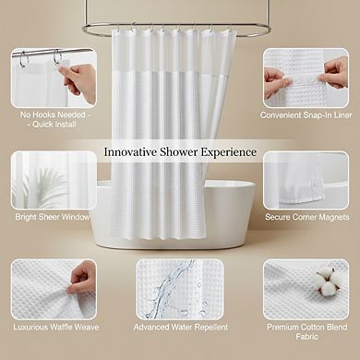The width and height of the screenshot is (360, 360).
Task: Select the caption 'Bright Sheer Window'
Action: pos(53,218)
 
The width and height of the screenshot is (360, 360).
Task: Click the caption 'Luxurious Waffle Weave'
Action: pos(53,327)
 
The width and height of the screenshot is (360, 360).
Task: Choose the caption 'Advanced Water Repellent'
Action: pos(179,327)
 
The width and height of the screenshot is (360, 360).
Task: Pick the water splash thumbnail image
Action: pos(179,287)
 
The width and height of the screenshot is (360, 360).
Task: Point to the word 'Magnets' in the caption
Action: pos(332,218)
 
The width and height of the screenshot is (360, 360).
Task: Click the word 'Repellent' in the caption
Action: pos(209,327)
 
